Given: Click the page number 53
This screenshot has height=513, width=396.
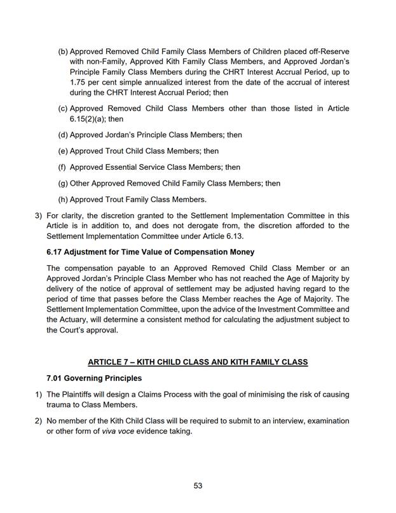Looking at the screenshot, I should tap(198, 486).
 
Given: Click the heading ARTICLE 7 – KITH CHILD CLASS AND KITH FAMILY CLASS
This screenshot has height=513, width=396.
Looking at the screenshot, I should tap(198, 362).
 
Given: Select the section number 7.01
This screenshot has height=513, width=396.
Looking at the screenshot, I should tap(57, 379).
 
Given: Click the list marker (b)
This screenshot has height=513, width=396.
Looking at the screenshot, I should tap(63, 51).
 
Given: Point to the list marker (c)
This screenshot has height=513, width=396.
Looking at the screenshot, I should tap(63, 109).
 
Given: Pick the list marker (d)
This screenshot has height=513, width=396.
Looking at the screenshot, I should tap(63, 135).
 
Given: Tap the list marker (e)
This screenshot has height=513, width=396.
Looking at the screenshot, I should tap(63, 151).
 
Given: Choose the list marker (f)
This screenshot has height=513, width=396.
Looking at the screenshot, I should tap(62, 167).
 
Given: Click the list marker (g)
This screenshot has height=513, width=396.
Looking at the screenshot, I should tap(63, 184).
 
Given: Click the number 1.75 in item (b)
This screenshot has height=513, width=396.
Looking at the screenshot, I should tap(79, 82).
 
